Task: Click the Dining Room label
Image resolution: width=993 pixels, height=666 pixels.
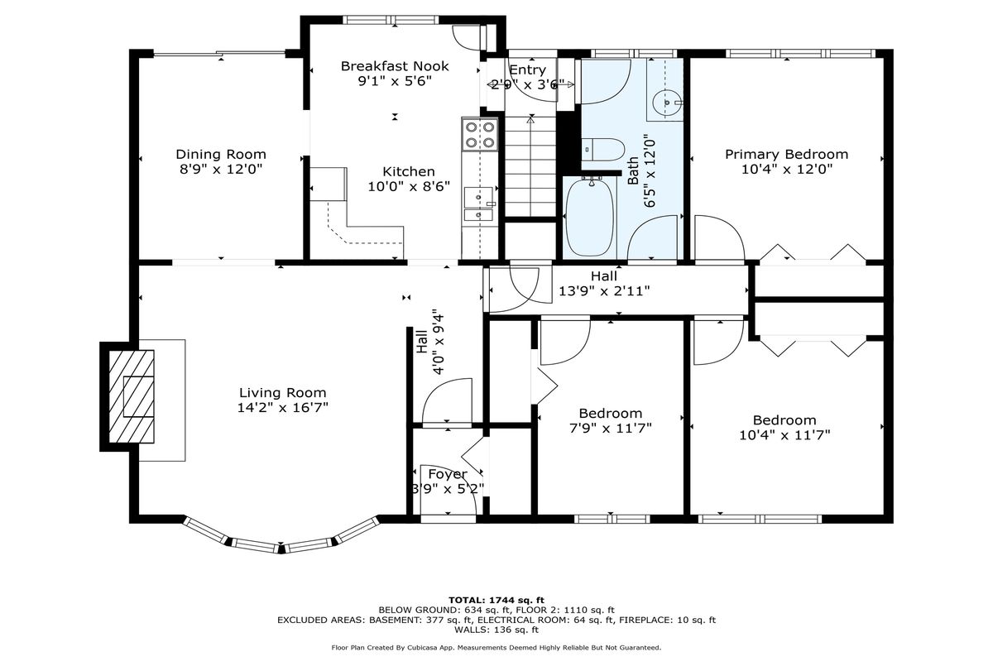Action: click(x=221, y=154)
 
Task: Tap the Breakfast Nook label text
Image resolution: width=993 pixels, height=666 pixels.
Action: click(x=395, y=66)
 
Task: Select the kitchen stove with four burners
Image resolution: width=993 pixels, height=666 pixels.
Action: click(x=480, y=134)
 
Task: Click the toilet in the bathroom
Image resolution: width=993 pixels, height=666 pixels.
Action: click(x=603, y=149)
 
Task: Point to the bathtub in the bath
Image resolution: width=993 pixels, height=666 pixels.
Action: click(x=590, y=218)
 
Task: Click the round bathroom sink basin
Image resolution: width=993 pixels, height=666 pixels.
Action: click(x=667, y=102)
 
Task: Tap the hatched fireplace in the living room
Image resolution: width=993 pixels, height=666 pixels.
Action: click(x=132, y=396)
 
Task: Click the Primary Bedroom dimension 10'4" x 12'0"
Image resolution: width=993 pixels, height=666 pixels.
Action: click(x=786, y=170)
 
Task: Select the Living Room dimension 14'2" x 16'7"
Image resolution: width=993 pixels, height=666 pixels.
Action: click(x=282, y=408)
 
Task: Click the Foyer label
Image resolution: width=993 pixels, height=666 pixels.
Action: click(x=448, y=475)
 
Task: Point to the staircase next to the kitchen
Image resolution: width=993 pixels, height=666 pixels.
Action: click(x=530, y=166)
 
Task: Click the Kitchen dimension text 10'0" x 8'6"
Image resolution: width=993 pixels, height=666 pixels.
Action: click(x=409, y=186)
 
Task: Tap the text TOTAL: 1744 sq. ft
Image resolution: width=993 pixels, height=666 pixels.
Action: click(x=496, y=601)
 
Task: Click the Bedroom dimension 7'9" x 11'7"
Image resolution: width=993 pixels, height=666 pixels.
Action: click(x=611, y=429)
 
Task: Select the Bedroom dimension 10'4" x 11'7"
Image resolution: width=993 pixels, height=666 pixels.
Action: click(x=784, y=435)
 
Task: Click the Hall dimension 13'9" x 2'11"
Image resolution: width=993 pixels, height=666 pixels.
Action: click(x=604, y=291)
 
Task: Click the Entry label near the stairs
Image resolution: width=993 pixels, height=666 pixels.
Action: click(x=528, y=70)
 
